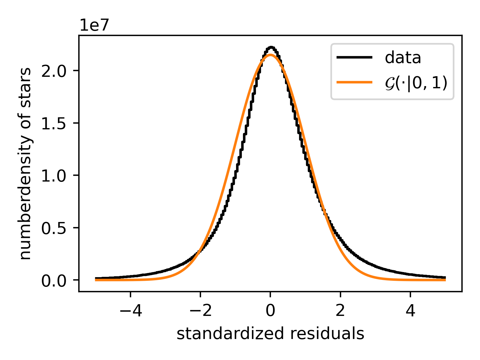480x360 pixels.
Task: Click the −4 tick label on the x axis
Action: tap(130, 311)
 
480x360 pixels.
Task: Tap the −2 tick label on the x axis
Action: tap(200, 311)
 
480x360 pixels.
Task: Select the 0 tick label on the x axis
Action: tap(270, 311)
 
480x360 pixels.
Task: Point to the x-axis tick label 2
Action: tap(340, 311)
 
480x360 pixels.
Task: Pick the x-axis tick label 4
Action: tap(410, 311)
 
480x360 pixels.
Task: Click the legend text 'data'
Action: tap(403, 58)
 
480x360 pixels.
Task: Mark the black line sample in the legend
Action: tap(355, 57)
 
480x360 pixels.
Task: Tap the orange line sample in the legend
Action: tap(355, 82)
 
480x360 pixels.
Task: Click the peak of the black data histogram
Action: tap(271, 47)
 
